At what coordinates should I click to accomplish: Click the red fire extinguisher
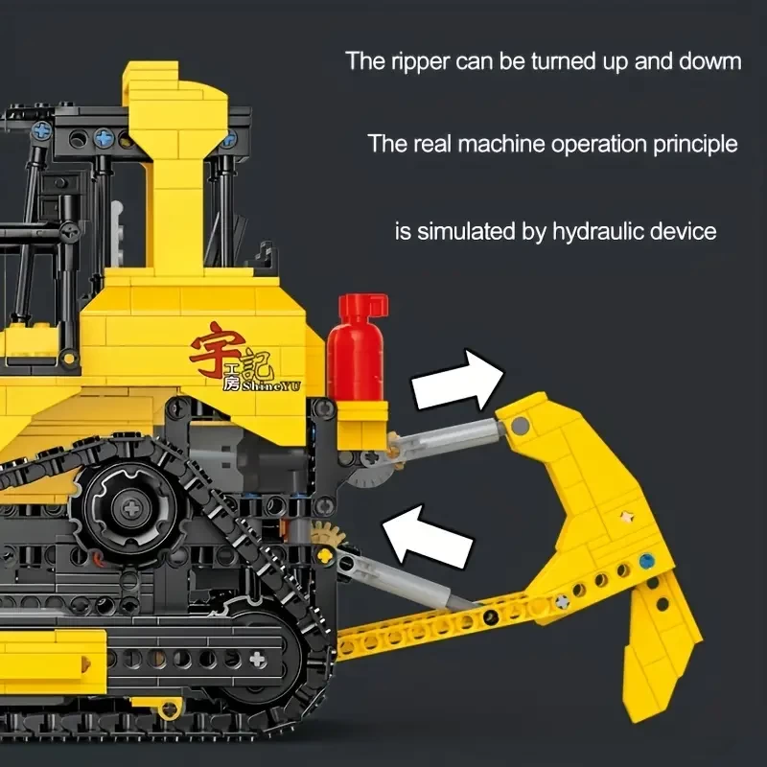click(x=356, y=347)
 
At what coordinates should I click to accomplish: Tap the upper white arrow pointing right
click(x=457, y=380)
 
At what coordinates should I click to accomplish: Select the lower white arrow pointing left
click(x=427, y=536)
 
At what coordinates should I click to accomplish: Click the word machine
click(x=501, y=144)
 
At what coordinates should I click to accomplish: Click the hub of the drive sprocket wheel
click(x=131, y=509)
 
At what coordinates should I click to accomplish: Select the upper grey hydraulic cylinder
click(x=448, y=439)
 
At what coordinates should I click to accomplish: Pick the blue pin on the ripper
click(x=646, y=561)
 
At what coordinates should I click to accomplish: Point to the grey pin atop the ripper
click(x=520, y=426)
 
